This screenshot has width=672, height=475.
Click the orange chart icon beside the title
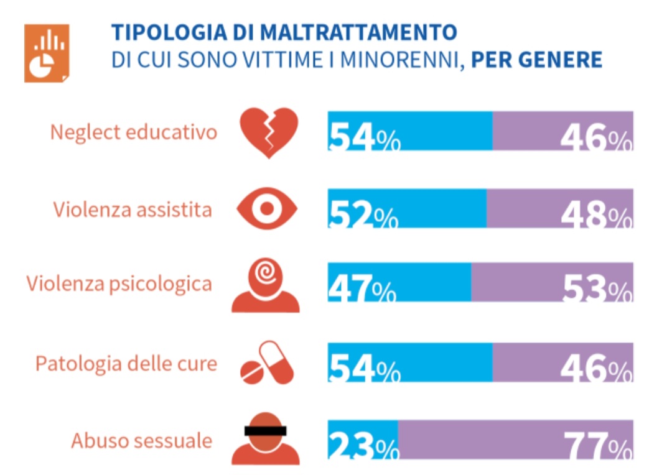[x=47, y=53]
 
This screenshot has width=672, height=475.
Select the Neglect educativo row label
[x=134, y=132]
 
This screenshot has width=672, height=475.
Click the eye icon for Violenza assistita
[x=268, y=209]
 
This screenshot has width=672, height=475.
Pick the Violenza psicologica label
[x=119, y=284]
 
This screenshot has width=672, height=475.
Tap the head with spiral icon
[x=266, y=285]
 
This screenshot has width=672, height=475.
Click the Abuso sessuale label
[x=141, y=440]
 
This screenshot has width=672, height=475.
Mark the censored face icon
[x=266, y=438]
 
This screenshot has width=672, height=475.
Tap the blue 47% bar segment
[x=399, y=283]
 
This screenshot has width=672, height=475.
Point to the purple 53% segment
[x=551, y=283]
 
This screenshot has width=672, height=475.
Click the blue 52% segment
[x=407, y=208]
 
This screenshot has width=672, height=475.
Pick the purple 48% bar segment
[x=559, y=208]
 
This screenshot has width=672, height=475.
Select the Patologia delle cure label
[x=126, y=363]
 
